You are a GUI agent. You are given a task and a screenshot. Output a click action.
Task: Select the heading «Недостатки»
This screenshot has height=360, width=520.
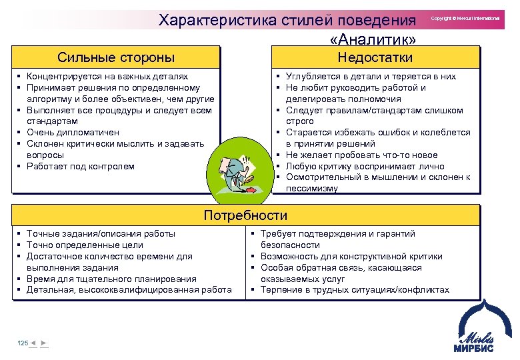coord(375,57)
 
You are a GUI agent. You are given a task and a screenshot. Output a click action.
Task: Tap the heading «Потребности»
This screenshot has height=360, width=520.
coord(245,215)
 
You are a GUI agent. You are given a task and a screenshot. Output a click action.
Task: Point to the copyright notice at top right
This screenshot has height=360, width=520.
coord(465,19)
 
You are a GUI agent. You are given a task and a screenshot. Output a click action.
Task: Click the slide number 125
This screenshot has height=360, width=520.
coord(23,343)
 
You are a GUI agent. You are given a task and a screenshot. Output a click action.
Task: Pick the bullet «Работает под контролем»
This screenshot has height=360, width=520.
coord(80,166)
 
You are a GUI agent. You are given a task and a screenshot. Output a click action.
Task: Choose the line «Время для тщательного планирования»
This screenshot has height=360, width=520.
coord(111,279)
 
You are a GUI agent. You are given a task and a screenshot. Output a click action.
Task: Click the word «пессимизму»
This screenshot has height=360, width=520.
coord(312,189)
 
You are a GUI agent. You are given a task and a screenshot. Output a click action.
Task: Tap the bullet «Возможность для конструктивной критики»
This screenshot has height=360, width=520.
coord(351,256)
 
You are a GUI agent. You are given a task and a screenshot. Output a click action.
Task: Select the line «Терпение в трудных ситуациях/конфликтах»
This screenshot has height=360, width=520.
coord(355,290)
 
